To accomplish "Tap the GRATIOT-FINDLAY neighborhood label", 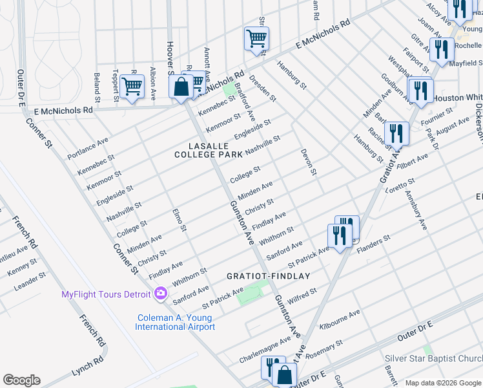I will click(x=269, y=276).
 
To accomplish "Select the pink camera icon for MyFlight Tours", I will click(x=160, y=294).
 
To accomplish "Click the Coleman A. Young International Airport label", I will click(x=175, y=322).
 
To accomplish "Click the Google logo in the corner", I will click(x=21, y=380).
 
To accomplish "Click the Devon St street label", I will click(x=309, y=162).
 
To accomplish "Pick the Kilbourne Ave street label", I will click(x=339, y=318).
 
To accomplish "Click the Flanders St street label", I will click(x=375, y=242).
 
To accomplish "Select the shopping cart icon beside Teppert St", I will click(x=132, y=87).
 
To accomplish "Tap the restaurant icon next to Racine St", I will click(x=396, y=134).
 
